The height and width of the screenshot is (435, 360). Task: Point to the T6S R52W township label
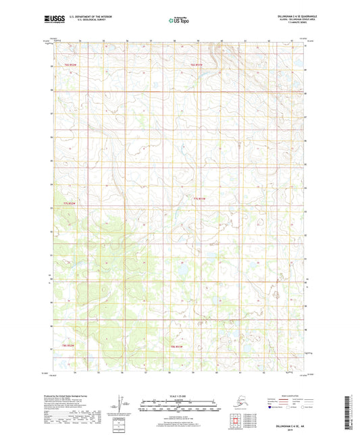coord(71,64)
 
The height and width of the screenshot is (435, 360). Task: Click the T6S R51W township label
coord(197,64)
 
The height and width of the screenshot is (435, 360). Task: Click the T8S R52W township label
coord(70,346)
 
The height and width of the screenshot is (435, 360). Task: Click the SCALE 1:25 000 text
coord(179,395)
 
